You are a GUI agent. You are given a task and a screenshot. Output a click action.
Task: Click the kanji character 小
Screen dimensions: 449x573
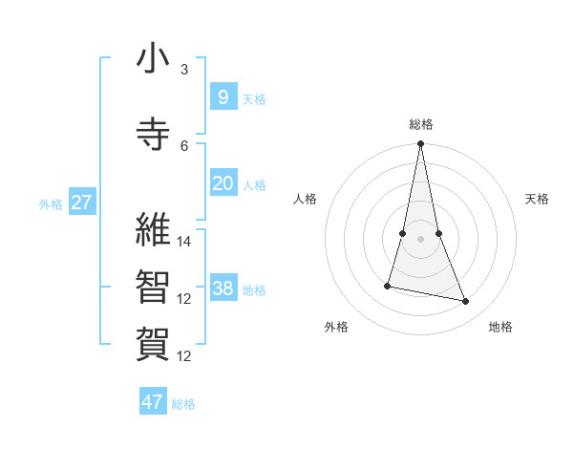(153, 59)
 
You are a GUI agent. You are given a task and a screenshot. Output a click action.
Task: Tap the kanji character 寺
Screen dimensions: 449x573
(153, 135)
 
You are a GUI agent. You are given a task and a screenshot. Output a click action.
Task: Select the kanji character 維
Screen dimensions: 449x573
(153, 229)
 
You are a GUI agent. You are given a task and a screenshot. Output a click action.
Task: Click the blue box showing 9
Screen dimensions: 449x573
(223, 96)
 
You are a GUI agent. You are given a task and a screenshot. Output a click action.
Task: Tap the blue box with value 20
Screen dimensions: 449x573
(223, 183)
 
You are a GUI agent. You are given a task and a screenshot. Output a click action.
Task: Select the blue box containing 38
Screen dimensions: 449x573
(223, 289)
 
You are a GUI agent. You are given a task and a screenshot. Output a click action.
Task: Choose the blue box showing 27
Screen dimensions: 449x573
(81, 203)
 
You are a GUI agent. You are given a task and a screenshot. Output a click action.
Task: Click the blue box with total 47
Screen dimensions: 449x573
(152, 402)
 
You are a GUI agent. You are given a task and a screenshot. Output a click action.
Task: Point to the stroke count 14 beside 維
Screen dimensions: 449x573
(184, 241)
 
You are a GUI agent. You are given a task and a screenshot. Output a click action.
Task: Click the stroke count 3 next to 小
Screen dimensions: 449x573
(184, 70)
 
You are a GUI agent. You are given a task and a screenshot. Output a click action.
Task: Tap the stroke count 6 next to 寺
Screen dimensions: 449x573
(184, 145)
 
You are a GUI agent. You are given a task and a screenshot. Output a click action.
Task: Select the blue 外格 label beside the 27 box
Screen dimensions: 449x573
(50, 203)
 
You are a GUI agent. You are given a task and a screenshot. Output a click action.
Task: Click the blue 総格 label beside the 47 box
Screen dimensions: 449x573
(183, 403)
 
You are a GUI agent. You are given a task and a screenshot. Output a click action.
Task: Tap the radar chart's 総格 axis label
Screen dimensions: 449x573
(420, 124)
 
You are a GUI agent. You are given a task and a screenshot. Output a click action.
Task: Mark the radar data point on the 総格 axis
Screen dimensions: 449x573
(420, 144)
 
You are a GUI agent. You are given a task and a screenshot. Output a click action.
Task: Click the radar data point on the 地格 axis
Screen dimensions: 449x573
(466, 302)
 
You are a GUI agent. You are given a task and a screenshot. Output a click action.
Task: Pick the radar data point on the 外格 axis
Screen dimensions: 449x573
(388, 286)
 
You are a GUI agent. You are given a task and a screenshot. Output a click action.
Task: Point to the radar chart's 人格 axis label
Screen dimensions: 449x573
(305, 199)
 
